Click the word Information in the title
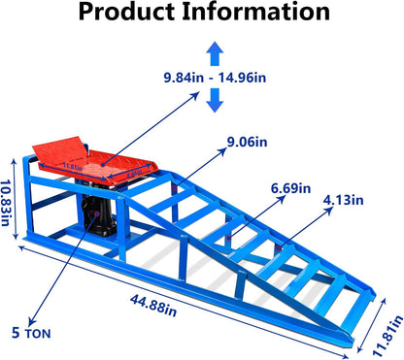(x=256, y=14)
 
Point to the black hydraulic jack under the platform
(x=100, y=219)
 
